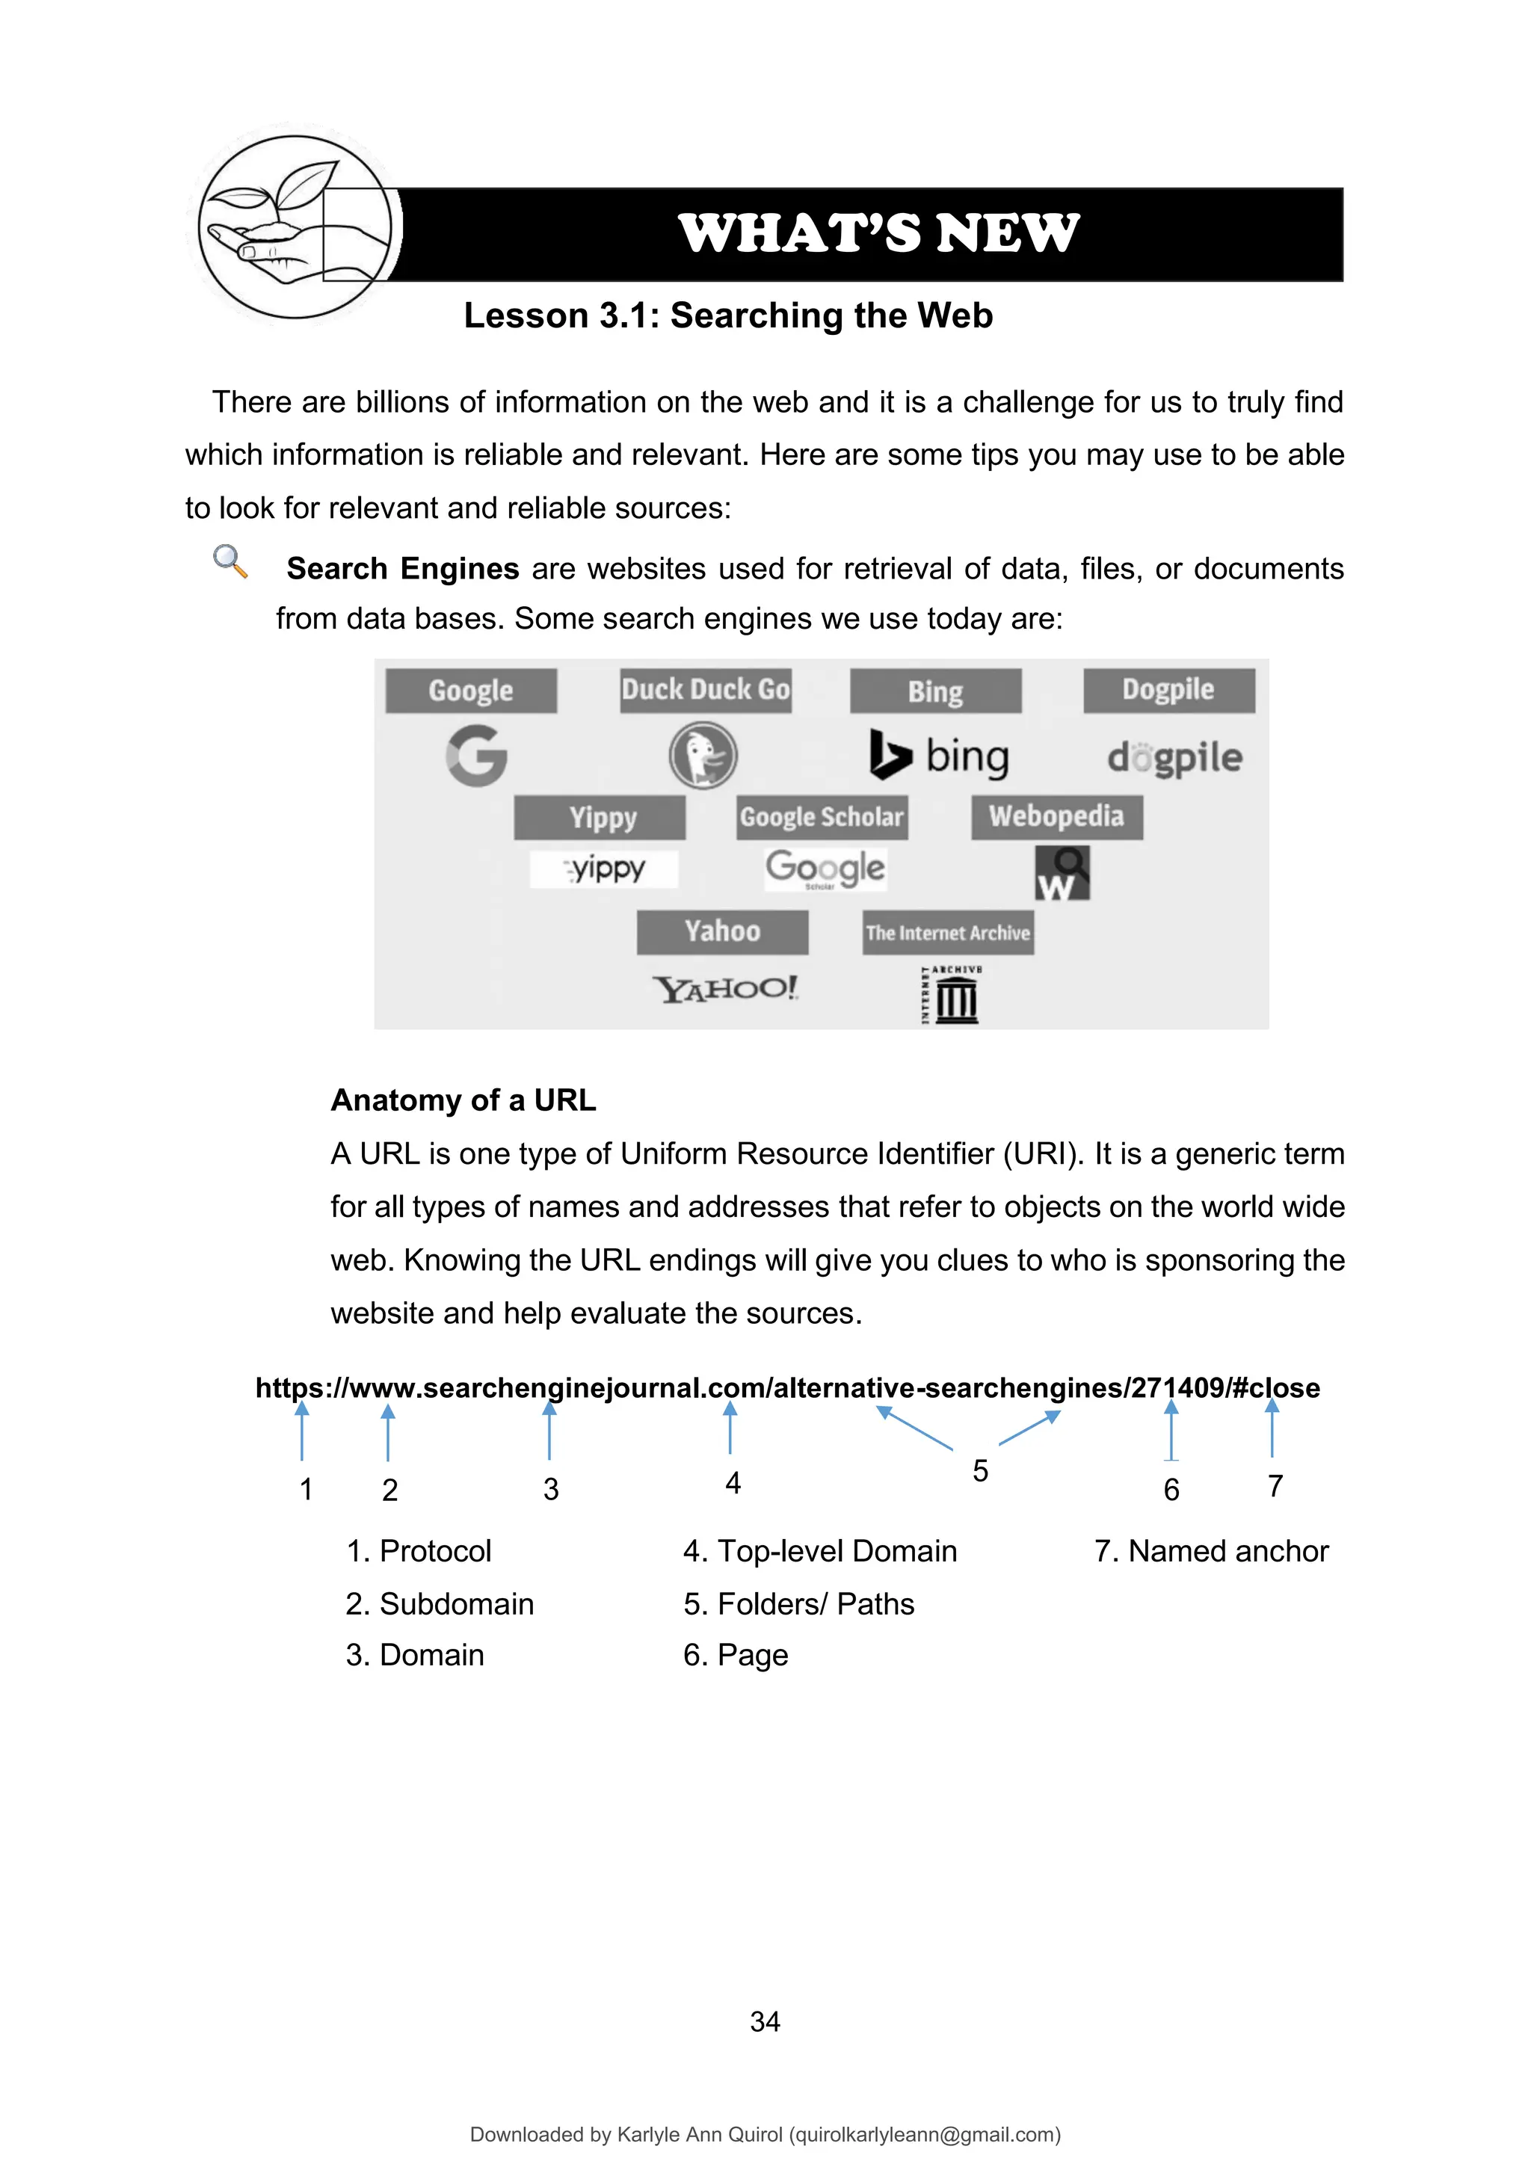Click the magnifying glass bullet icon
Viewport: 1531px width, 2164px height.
tap(230, 561)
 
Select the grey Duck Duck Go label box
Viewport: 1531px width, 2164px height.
tap(705, 690)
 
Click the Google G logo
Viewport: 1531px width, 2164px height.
tap(477, 755)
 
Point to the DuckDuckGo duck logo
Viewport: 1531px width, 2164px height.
tap(703, 755)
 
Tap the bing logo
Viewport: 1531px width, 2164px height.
tap(939, 755)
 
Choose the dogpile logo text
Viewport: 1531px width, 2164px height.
tap(1174, 756)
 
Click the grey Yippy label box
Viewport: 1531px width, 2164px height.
tap(600, 817)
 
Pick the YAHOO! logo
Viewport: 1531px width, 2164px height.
tap(726, 989)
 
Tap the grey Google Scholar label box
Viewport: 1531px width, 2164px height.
tap(821, 817)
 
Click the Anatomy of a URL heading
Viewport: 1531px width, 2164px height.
tap(463, 1100)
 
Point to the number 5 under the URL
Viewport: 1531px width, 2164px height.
tap(981, 1471)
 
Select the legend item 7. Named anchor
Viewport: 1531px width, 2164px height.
tap(1210, 1550)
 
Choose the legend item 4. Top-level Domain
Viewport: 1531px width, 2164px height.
tap(819, 1550)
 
